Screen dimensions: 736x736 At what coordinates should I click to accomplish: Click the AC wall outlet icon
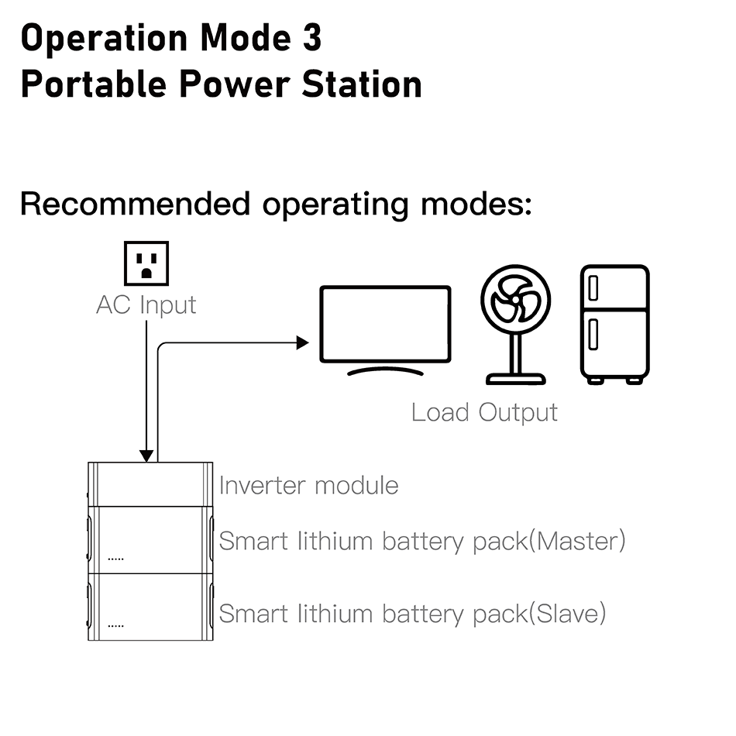[146, 264]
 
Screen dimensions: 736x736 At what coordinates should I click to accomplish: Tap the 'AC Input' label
[146, 304]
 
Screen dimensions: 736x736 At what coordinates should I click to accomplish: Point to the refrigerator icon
[614, 324]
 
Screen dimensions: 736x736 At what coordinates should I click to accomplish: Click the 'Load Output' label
[484, 412]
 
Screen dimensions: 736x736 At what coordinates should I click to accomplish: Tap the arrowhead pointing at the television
[302, 342]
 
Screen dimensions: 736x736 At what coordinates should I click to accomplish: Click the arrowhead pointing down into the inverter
[146, 456]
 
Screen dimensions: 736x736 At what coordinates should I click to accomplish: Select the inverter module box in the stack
[150, 485]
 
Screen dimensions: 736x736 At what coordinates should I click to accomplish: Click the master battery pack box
[150, 539]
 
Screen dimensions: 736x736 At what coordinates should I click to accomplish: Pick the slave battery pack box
[150, 607]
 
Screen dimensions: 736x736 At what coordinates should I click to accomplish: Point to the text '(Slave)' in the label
[567, 614]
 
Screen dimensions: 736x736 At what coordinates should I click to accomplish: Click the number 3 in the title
[311, 38]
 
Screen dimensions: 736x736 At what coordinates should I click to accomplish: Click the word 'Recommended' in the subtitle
[136, 205]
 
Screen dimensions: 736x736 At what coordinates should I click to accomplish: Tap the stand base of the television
[385, 370]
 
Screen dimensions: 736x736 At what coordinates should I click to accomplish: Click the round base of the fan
[515, 379]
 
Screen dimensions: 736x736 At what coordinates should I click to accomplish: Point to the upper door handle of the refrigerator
[593, 289]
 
